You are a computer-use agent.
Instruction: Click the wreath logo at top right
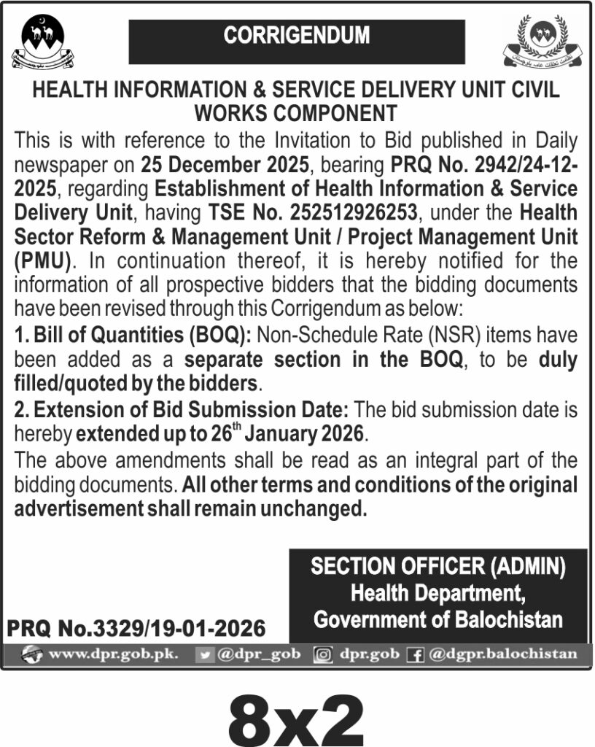pyautogui.click(x=544, y=41)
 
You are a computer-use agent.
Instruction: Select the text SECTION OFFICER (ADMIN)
pyautogui.click(x=438, y=568)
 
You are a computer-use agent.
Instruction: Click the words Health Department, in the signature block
pyautogui.click(x=438, y=594)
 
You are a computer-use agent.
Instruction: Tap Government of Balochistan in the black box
pyautogui.click(x=438, y=620)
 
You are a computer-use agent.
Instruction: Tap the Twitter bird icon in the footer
pyautogui.click(x=206, y=654)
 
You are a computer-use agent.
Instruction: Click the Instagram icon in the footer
pyautogui.click(x=322, y=654)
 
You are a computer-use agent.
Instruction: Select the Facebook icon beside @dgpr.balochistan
pyautogui.click(x=416, y=654)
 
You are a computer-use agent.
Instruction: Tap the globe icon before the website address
pyautogui.click(x=32, y=654)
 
